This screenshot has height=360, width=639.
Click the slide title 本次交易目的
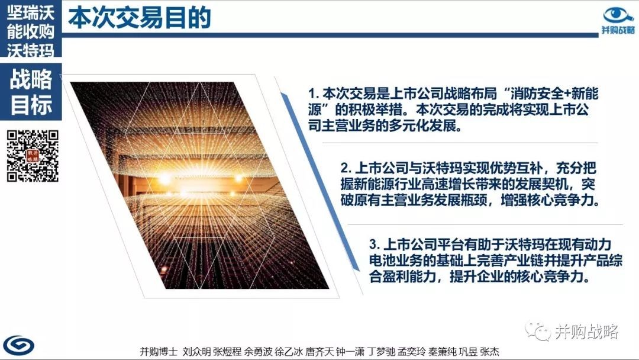click(x=140, y=18)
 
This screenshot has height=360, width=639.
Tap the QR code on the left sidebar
click(x=33, y=156)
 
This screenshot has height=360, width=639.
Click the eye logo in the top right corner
click(x=618, y=15)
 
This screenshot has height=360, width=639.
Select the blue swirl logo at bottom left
click(x=19, y=345)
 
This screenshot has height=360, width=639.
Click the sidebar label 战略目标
click(x=31, y=92)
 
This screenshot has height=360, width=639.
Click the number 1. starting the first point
click(x=314, y=94)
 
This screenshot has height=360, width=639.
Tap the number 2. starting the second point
click(x=346, y=168)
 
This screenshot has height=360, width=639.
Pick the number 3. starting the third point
click(x=375, y=245)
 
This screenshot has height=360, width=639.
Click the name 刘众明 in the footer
click(x=196, y=352)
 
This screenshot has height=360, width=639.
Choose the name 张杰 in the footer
click(x=489, y=352)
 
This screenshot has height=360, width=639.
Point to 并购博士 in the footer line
click(x=159, y=352)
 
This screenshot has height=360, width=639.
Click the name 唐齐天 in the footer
click(x=319, y=352)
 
